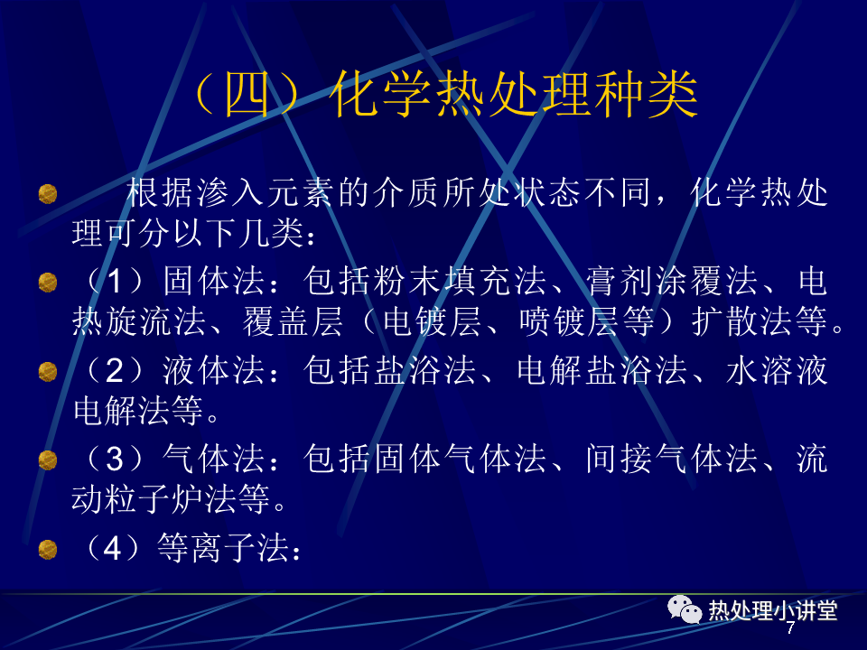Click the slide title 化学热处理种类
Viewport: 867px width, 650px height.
click(x=514, y=95)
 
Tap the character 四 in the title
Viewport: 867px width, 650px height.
click(x=247, y=95)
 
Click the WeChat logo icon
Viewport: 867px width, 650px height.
click(x=684, y=609)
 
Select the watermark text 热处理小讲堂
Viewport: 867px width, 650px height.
click(x=773, y=611)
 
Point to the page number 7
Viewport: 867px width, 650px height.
click(x=790, y=628)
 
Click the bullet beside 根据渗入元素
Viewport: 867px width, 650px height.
click(x=48, y=194)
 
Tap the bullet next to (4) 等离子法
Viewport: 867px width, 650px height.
click(x=48, y=550)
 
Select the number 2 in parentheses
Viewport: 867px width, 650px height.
click(x=114, y=370)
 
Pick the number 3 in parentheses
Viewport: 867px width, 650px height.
click(x=114, y=460)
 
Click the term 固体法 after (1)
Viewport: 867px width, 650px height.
click(x=214, y=281)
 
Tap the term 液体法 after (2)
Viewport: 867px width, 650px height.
click(x=214, y=370)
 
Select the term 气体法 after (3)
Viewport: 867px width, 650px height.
click(x=214, y=459)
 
